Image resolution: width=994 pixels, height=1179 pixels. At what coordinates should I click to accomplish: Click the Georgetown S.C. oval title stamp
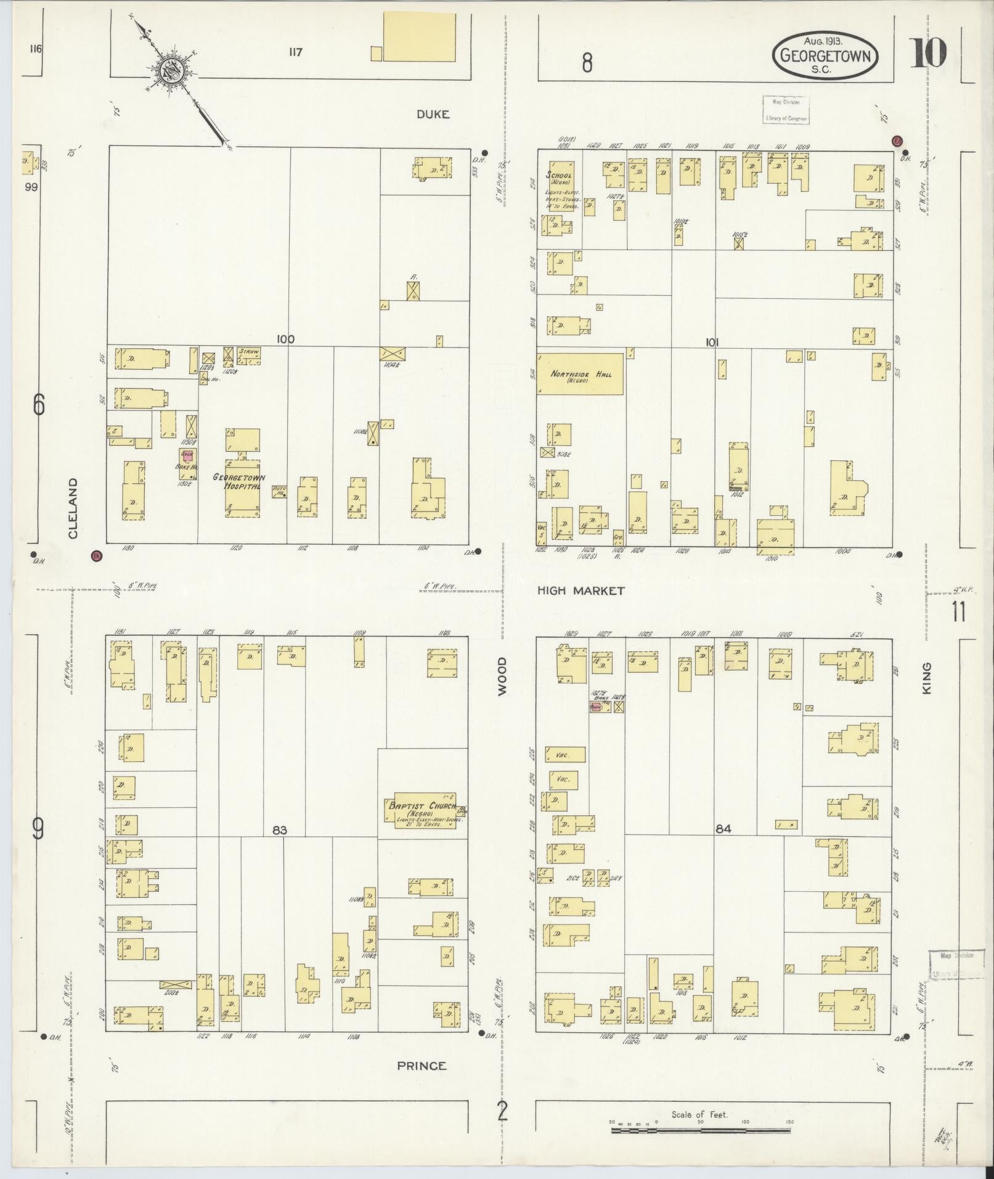(825, 55)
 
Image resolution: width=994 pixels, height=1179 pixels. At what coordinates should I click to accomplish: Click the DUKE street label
(433, 114)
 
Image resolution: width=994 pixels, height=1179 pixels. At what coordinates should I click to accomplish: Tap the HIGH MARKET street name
(581, 590)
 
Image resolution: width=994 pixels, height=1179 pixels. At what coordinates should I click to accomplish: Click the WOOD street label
(502, 676)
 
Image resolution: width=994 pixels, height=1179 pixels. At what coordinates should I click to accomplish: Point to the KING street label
(927, 679)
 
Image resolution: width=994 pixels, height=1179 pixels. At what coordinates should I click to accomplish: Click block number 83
(280, 830)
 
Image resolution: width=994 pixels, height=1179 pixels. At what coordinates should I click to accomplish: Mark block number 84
(723, 829)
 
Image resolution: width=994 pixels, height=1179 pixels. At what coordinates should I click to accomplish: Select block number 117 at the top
(295, 52)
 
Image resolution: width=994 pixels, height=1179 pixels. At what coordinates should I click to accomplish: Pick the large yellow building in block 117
(419, 38)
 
